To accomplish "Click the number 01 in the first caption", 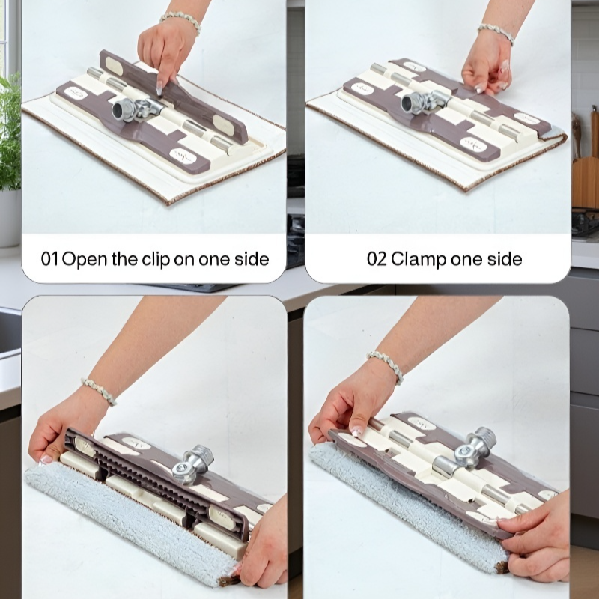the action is click(x=50, y=259).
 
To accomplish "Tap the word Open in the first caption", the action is click(x=85, y=260).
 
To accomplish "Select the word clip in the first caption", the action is click(x=156, y=260).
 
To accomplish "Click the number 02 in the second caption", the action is click(x=377, y=259).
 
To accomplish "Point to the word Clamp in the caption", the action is click(x=419, y=260).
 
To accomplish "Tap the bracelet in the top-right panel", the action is click(x=496, y=33).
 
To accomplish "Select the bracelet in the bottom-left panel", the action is click(x=99, y=391).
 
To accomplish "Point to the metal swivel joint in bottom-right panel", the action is click(x=474, y=449).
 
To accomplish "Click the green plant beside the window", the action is click(x=10, y=132).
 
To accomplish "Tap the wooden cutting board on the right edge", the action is click(x=586, y=183).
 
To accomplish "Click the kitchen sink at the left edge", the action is click(x=10, y=332).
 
